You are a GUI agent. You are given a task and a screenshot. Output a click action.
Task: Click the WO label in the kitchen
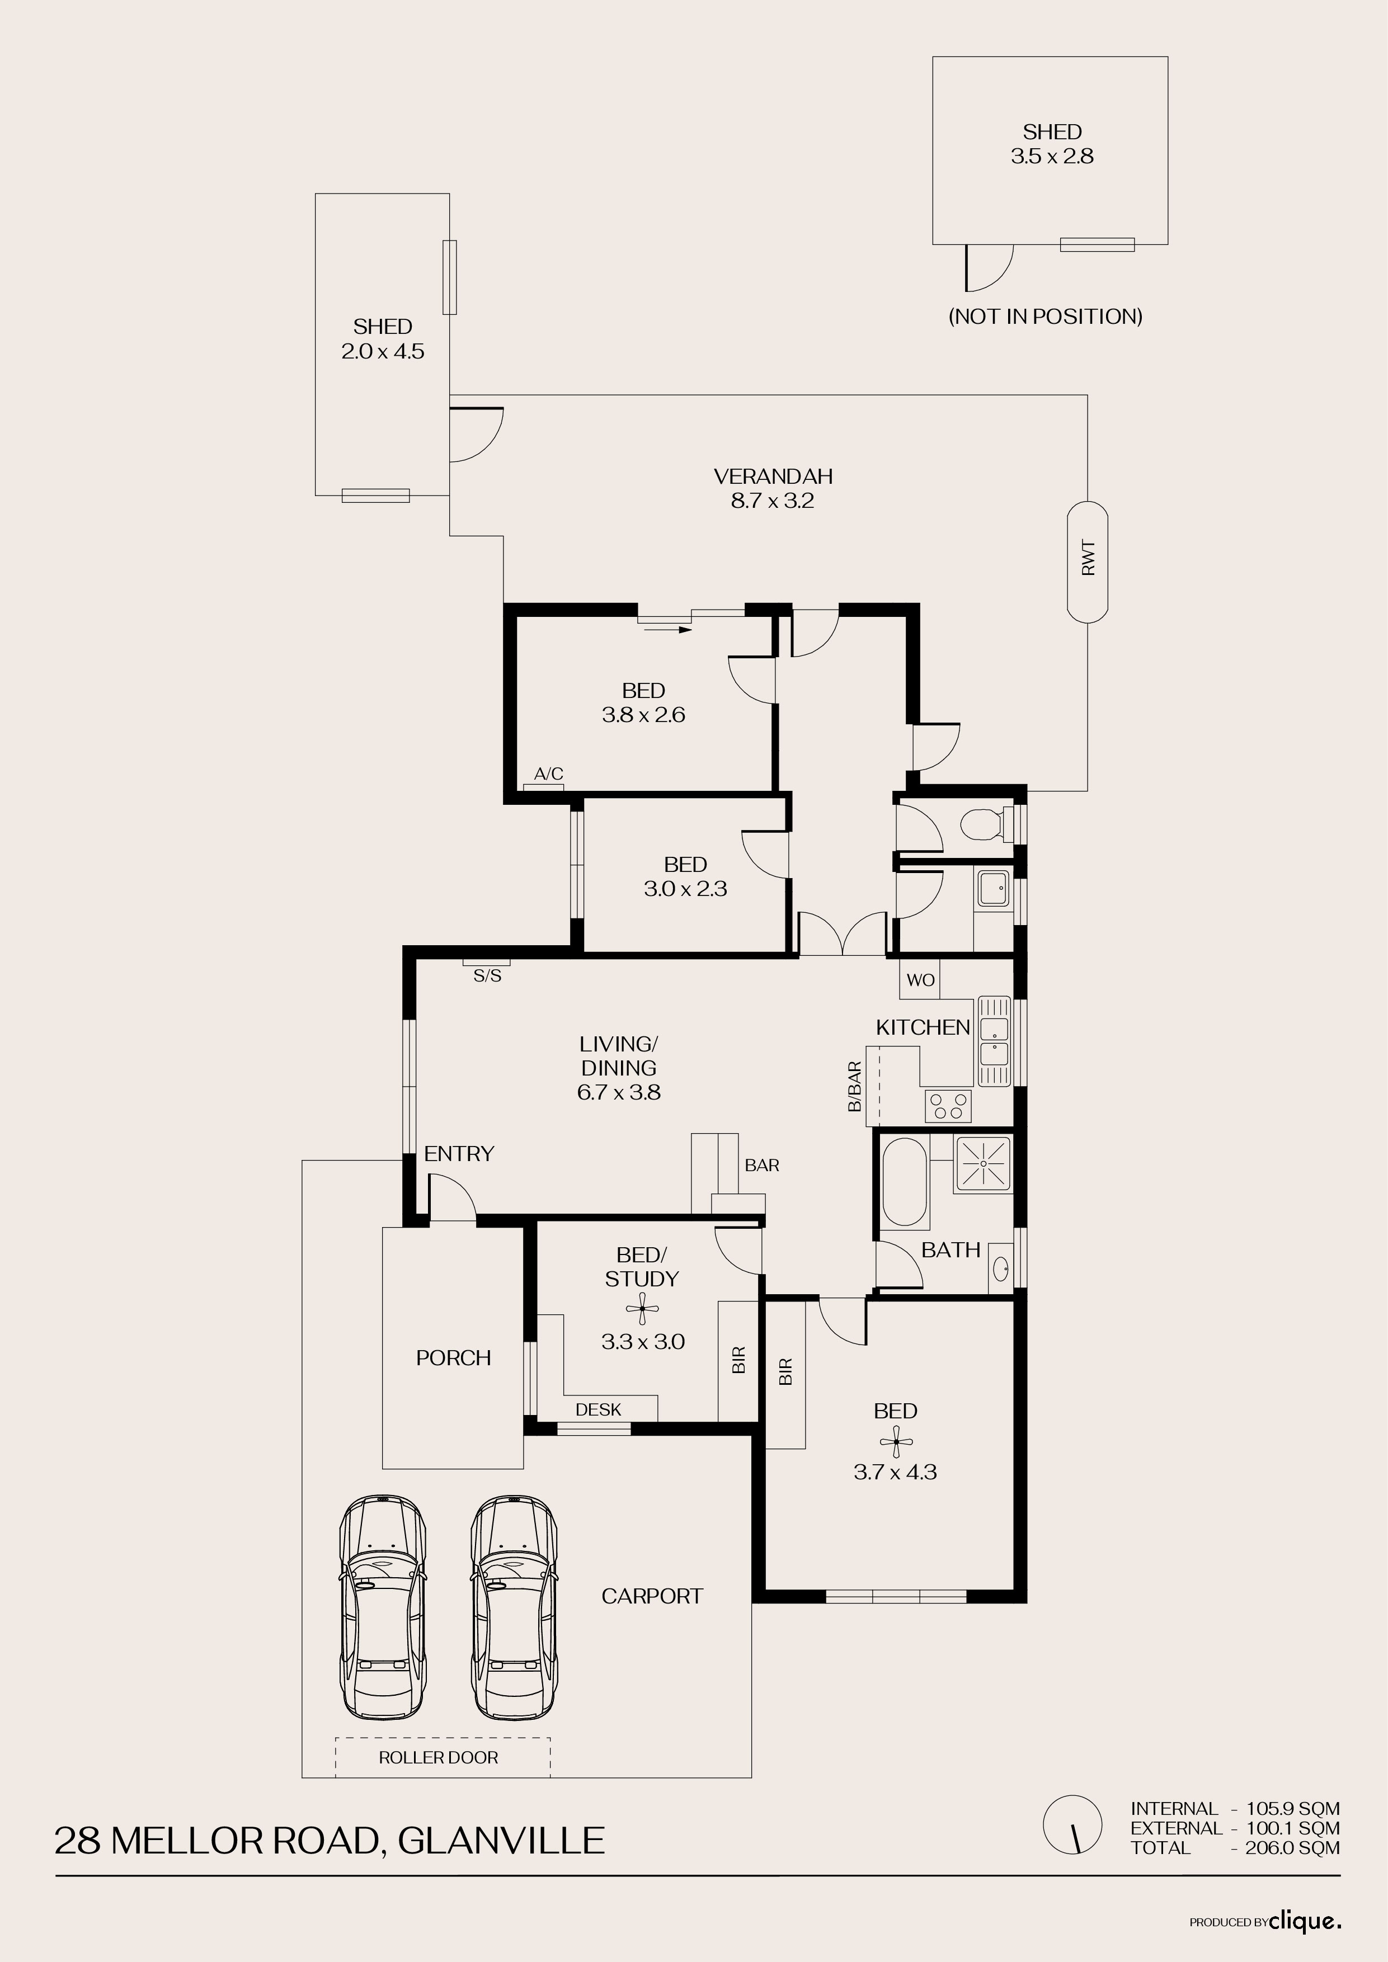920,980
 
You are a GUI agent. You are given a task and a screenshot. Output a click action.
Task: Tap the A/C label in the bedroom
549,774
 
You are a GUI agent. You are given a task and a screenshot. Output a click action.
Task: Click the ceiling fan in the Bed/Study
642,1308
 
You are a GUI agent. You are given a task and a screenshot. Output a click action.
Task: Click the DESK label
598,1409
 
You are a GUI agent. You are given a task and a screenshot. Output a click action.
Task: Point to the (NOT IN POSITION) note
1045,316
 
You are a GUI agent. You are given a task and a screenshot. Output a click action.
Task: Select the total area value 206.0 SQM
1293,1847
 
